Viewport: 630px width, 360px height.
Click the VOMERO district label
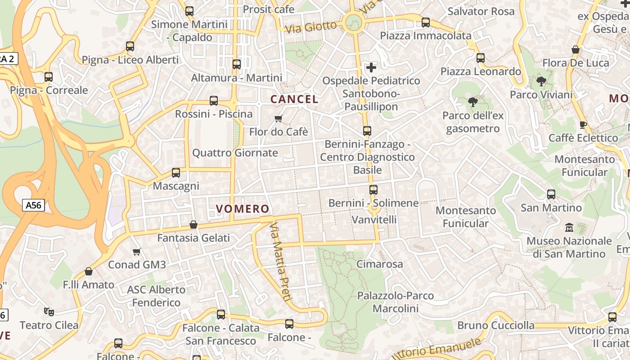coord(243,209)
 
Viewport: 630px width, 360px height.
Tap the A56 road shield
coord(33,206)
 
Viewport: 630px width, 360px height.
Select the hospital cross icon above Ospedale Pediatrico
coord(371,67)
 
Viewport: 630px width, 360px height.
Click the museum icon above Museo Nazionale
coord(569,228)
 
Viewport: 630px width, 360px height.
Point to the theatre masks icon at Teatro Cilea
coord(49,311)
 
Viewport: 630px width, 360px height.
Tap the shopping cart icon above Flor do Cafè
coord(279,118)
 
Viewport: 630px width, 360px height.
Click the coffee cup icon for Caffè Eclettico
coord(583,125)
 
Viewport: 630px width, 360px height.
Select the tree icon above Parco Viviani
coord(541,81)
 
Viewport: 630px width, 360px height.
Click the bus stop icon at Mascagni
coord(176,173)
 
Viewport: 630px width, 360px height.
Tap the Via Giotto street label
coord(311,27)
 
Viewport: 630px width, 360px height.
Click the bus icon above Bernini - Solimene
coord(373,190)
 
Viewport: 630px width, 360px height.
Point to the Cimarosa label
coord(379,264)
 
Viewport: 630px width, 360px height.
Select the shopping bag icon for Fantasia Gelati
coord(193,224)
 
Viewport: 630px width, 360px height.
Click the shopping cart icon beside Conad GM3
coord(137,252)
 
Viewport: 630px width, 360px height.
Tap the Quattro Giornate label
coord(235,153)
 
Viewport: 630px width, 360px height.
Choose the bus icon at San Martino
coord(551,194)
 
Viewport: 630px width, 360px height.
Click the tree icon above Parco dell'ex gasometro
coord(472,102)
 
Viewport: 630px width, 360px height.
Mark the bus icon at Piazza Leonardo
coord(481,58)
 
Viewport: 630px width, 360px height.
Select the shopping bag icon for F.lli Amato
coord(89,271)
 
